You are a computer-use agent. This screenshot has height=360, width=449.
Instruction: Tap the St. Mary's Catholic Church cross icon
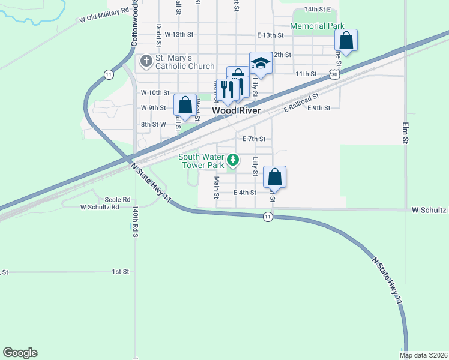(146, 61)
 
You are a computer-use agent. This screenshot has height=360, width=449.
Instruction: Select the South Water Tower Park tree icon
(232, 160)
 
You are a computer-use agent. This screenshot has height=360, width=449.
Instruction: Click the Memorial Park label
(317, 26)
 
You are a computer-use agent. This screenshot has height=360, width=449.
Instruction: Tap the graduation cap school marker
(261, 62)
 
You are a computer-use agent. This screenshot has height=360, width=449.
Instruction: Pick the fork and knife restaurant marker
(226, 89)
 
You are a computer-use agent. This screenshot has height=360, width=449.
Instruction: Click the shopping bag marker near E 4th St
(274, 177)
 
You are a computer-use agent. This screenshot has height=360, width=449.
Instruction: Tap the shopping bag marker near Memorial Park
(346, 40)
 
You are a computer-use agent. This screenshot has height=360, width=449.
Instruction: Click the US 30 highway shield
(335, 74)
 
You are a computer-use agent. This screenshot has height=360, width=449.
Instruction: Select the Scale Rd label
(118, 199)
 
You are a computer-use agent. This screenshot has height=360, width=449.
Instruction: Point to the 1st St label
(121, 272)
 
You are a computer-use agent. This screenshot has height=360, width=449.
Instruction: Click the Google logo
(20, 353)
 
